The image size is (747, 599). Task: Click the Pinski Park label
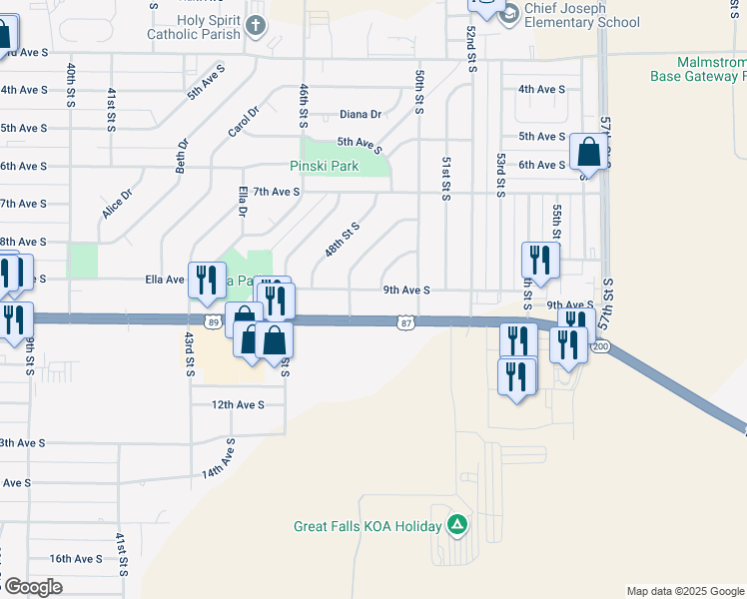coord(324,166)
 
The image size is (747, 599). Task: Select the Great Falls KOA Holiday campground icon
coord(457,523)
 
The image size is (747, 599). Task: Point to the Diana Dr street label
coord(361,115)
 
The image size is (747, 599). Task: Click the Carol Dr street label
coord(243,124)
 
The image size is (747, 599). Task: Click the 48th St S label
coord(342,240)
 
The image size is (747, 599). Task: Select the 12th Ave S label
coord(237,404)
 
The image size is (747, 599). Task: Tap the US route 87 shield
coord(404,322)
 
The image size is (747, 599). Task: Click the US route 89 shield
coord(213,321)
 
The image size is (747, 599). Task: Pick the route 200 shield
coord(600,346)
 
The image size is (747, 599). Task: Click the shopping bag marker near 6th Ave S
coord(589,154)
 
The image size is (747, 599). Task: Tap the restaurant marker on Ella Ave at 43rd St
coord(207,281)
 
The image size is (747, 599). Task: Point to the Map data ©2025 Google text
coord(684,591)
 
